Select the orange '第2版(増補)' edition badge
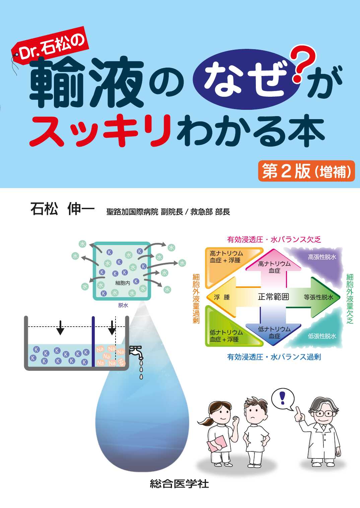coord(306,171)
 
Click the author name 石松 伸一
coord(62,209)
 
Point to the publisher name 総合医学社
coord(179,484)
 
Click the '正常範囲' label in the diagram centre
coord(273,297)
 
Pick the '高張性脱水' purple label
coord(322,257)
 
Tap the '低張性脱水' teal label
coord(322,336)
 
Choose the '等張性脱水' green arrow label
coord(318,297)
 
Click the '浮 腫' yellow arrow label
coord(222,297)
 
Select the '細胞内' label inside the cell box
coord(123,283)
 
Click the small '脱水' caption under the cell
coord(123,305)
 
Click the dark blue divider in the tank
coord(93,341)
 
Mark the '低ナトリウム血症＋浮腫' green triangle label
coord(226,336)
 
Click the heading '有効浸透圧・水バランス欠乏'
coord(274,240)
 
